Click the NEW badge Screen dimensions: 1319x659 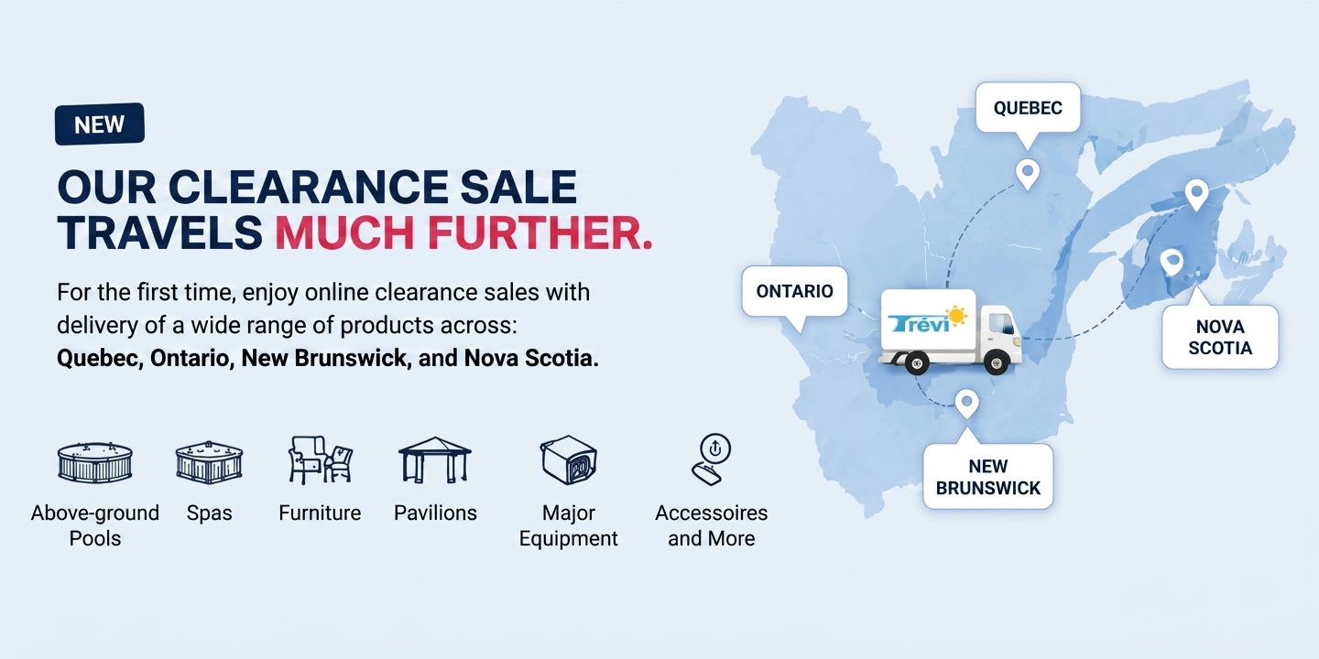[x=100, y=124]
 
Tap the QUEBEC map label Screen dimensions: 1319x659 [x=1028, y=108]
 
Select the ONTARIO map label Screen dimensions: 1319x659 [x=794, y=291]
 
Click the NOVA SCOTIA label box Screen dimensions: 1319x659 [x=1220, y=337]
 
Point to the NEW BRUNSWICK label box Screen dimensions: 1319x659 [x=988, y=477]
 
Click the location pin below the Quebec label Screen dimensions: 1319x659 [x=1028, y=174]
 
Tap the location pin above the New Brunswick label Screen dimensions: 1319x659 [x=966, y=404]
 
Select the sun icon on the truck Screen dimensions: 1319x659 [x=955, y=316]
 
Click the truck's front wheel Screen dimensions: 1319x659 [x=997, y=362]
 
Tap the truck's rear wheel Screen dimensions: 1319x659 [x=916, y=362]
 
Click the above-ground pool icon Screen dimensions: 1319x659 [x=95, y=462]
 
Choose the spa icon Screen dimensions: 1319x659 [x=209, y=462]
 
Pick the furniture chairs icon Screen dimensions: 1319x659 [x=321, y=460]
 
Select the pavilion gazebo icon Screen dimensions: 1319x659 [x=435, y=460]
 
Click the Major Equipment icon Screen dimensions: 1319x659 [x=568, y=460]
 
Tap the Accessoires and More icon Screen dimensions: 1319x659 [x=711, y=459]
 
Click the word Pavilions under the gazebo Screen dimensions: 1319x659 [x=435, y=513]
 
